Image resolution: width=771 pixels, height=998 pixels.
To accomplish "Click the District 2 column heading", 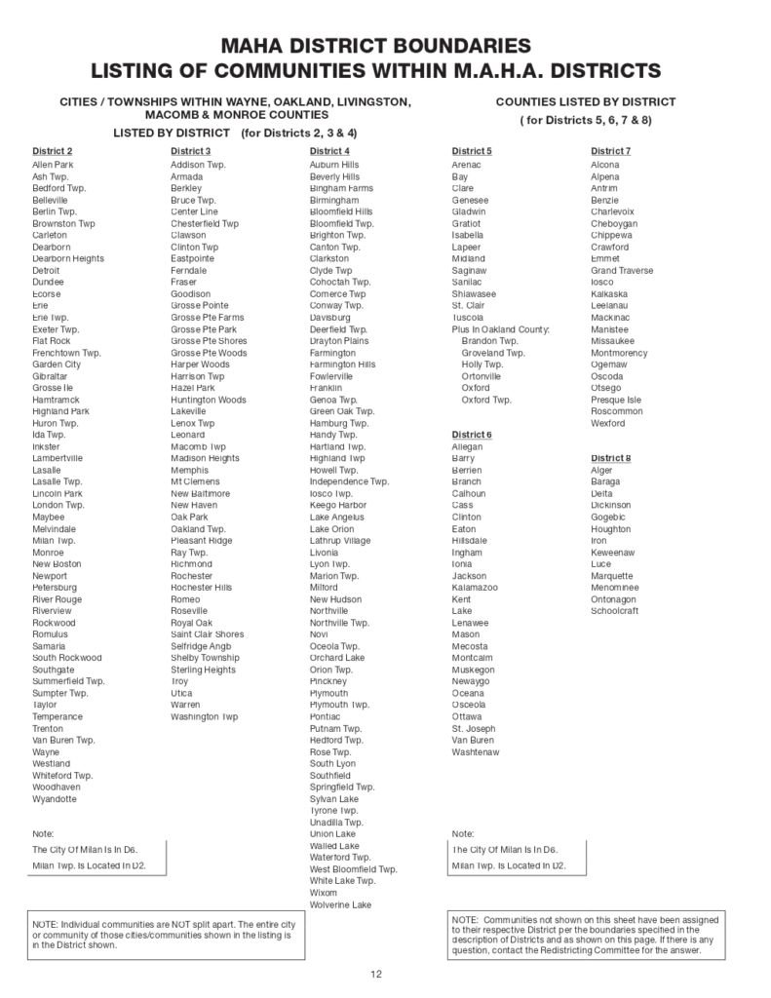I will [x=52, y=151].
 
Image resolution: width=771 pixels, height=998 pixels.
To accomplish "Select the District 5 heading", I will [x=472, y=151].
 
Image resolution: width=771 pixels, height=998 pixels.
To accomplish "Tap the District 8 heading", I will [x=611, y=458].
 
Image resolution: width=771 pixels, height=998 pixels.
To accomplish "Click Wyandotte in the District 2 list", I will [x=54, y=799].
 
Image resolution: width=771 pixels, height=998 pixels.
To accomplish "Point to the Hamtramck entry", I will [x=55, y=400].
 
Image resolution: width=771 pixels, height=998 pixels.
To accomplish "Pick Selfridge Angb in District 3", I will [x=201, y=646].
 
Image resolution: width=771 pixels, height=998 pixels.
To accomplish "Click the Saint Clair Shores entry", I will [x=207, y=634].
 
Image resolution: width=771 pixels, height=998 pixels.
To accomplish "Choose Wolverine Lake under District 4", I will [x=340, y=905].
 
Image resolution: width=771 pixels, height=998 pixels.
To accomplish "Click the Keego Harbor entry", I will [x=337, y=505].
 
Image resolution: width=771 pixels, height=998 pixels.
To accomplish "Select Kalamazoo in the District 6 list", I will [x=475, y=588].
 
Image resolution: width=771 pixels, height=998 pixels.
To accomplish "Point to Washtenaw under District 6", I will [x=476, y=752].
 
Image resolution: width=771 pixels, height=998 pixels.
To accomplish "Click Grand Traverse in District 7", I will [x=622, y=270].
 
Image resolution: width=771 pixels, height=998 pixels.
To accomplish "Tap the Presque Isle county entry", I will [x=616, y=400].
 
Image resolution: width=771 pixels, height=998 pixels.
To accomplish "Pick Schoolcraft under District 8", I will [x=615, y=611].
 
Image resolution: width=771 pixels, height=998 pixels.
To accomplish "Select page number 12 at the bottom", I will [x=375, y=975].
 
